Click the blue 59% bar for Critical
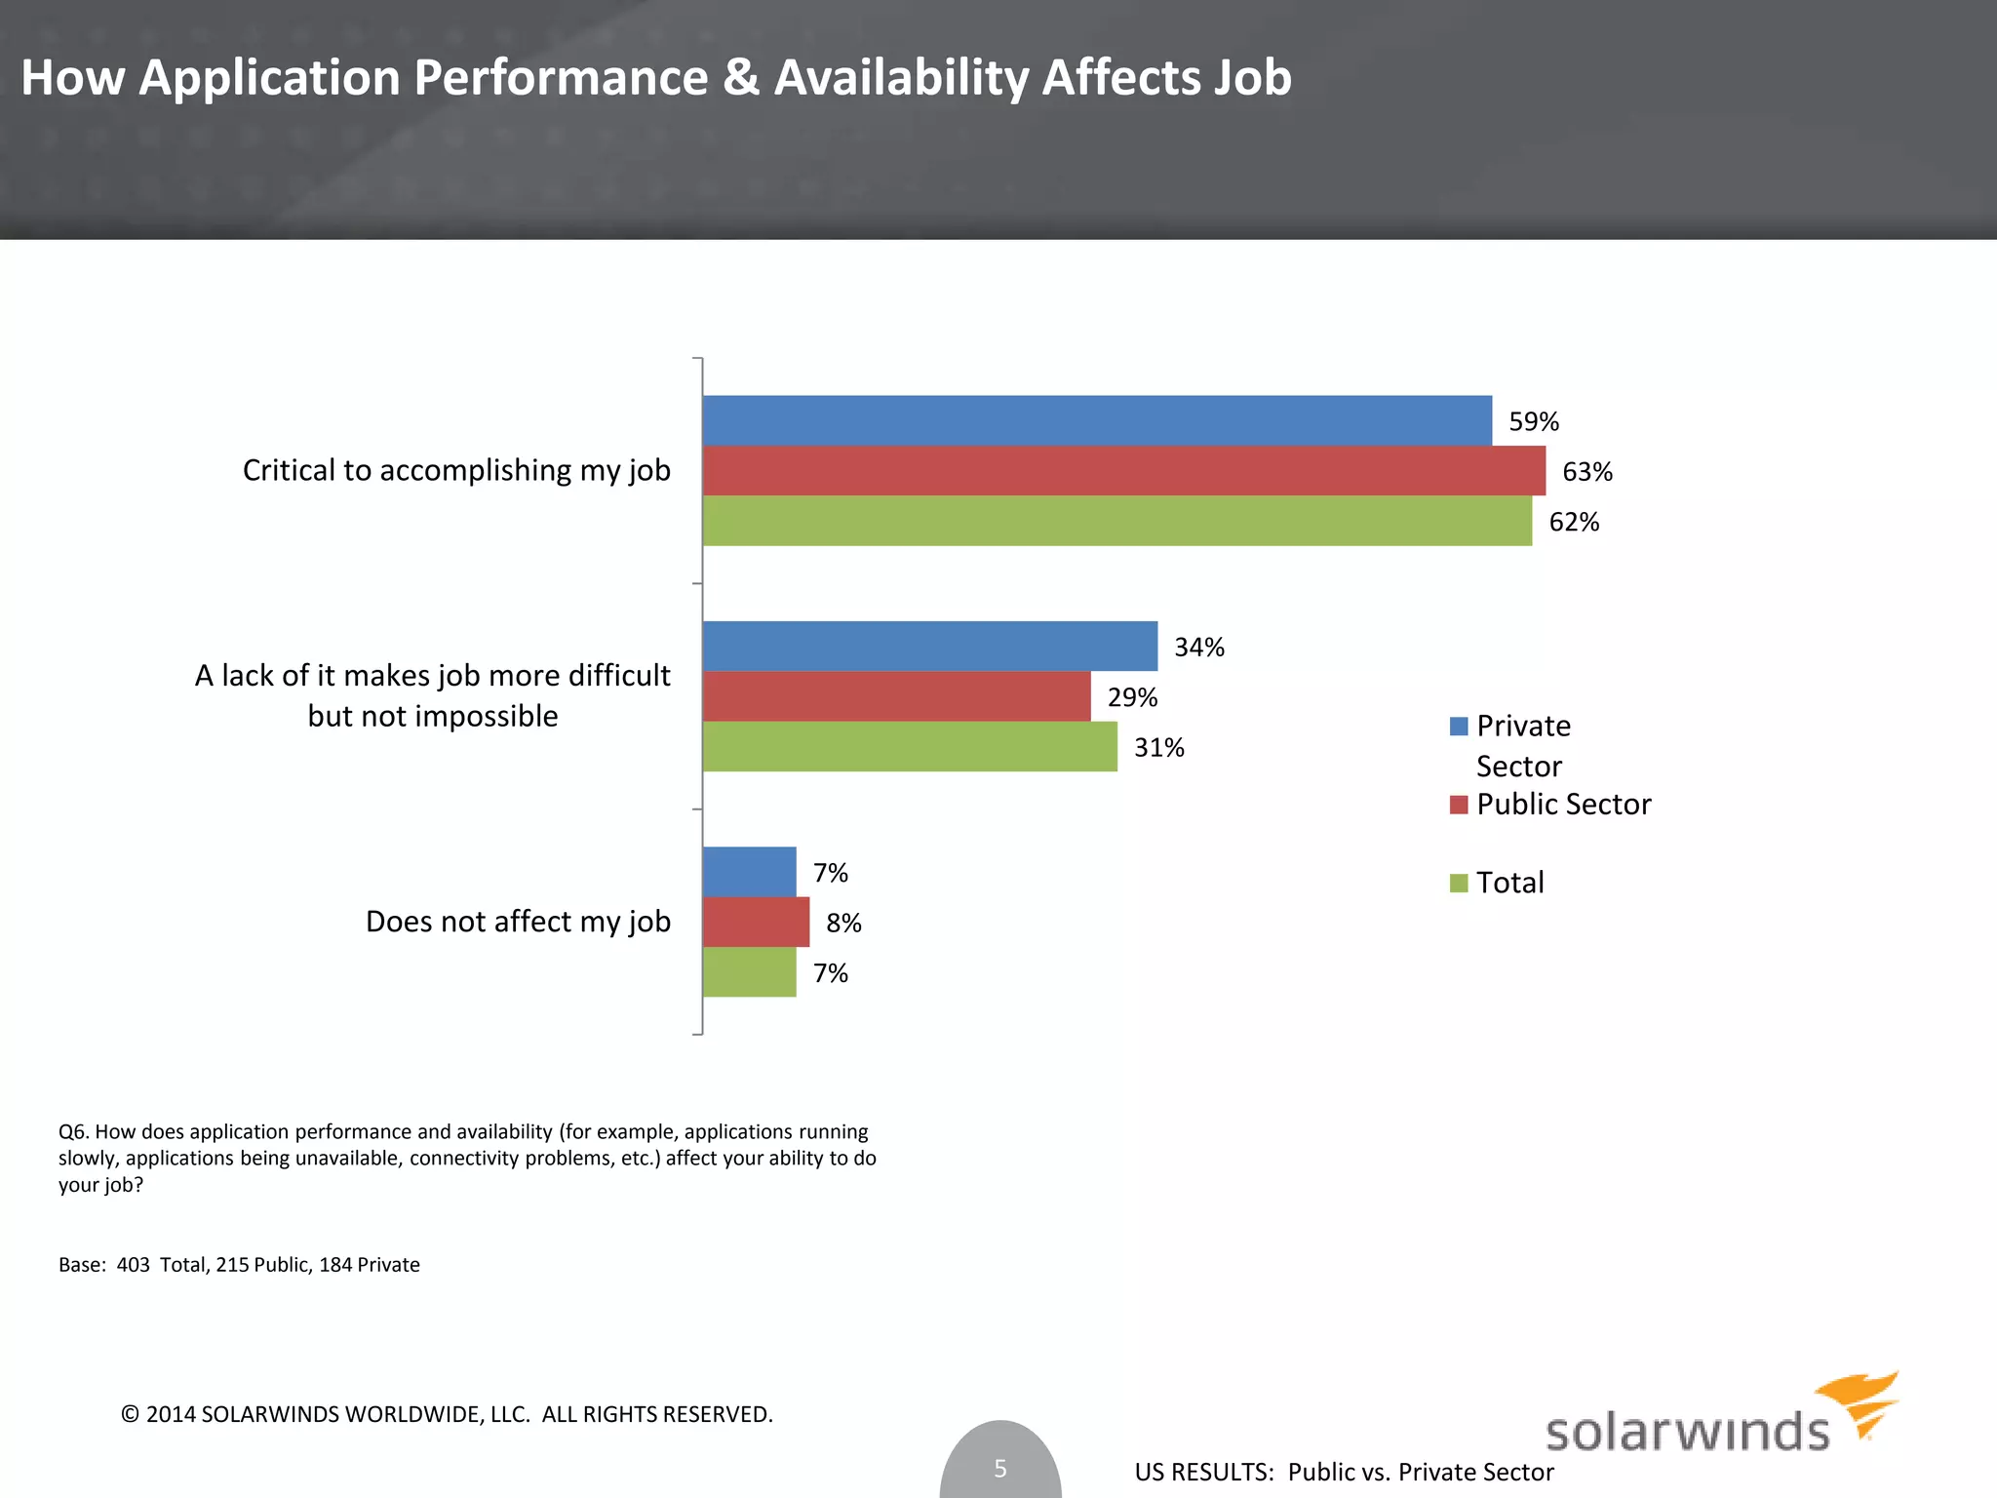[x=1097, y=420]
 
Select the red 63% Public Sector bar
[x=1123, y=471]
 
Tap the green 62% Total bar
[x=1116, y=521]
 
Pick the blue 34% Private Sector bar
[x=929, y=646]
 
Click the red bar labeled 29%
[x=896, y=696]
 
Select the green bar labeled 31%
[x=910, y=746]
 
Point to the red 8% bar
[x=756, y=922]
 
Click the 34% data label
[x=1198, y=648]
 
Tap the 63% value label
[x=1586, y=472]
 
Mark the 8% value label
[x=843, y=923]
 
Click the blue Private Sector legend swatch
[x=1459, y=726]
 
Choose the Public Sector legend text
[x=1563, y=805]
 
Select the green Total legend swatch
[x=1459, y=883]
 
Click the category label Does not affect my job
[x=518, y=922]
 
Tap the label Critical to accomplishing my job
[x=456, y=470]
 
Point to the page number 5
[x=999, y=1468]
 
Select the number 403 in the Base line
[x=133, y=1265]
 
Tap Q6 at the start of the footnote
[x=73, y=1132]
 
